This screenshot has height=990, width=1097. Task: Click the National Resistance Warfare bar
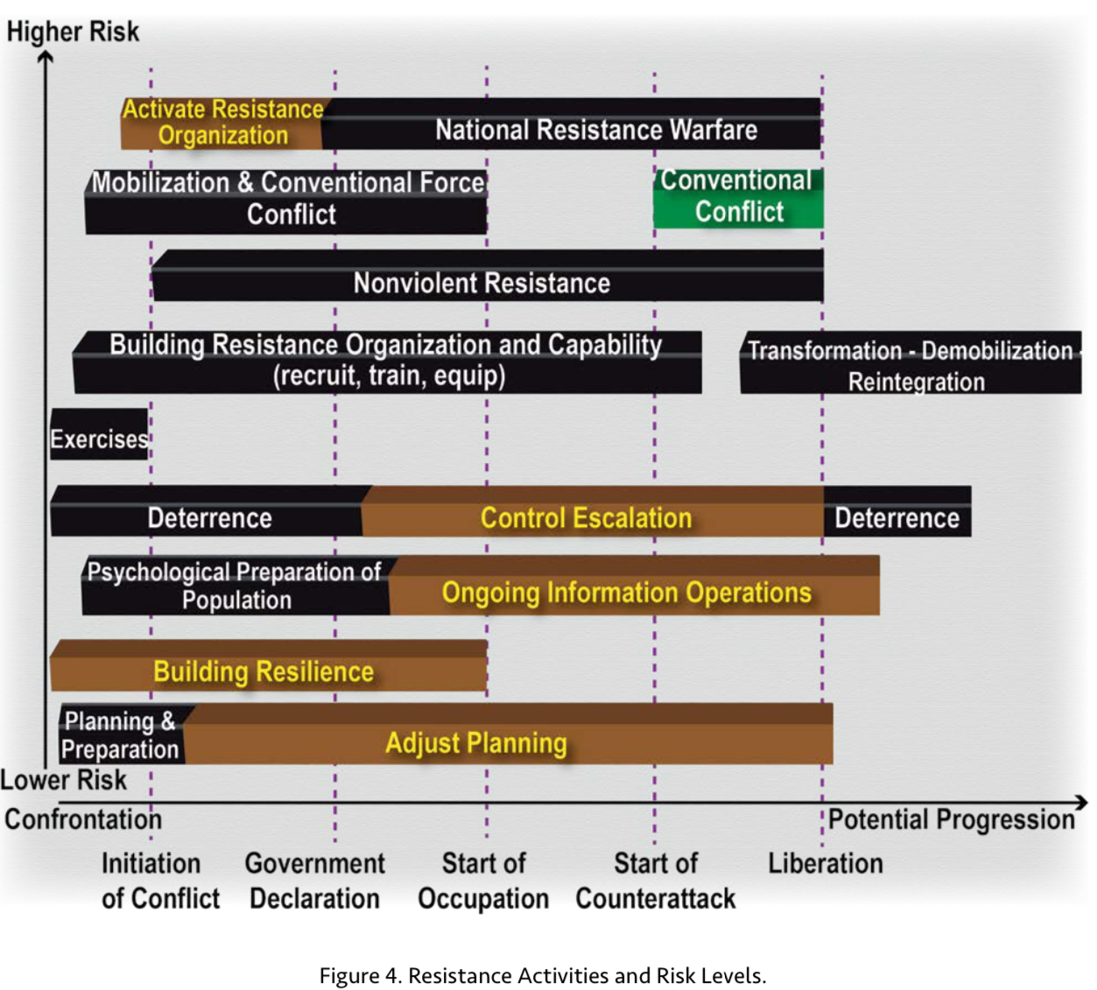click(x=595, y=130)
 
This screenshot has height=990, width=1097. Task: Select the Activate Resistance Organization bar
click(x=222, y=123)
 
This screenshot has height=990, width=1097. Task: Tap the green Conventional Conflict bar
click(x=738, y=198)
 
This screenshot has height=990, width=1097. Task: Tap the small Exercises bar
click(x=99, y=438)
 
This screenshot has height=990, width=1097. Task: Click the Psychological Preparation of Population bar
click(x=235, y=586)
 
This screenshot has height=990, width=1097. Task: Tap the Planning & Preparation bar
click(x=121, y=735)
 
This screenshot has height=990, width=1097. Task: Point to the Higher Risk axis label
click(x=73, y=32)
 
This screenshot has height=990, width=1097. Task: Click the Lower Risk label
click(x=64, y=779)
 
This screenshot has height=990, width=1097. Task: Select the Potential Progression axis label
click(x=951, y=819)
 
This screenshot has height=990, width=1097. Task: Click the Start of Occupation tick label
click(x=483, y=881)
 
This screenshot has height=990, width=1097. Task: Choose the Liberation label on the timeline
click(x=825, y=863)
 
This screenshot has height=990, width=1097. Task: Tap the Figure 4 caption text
click(x=543, y=975)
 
